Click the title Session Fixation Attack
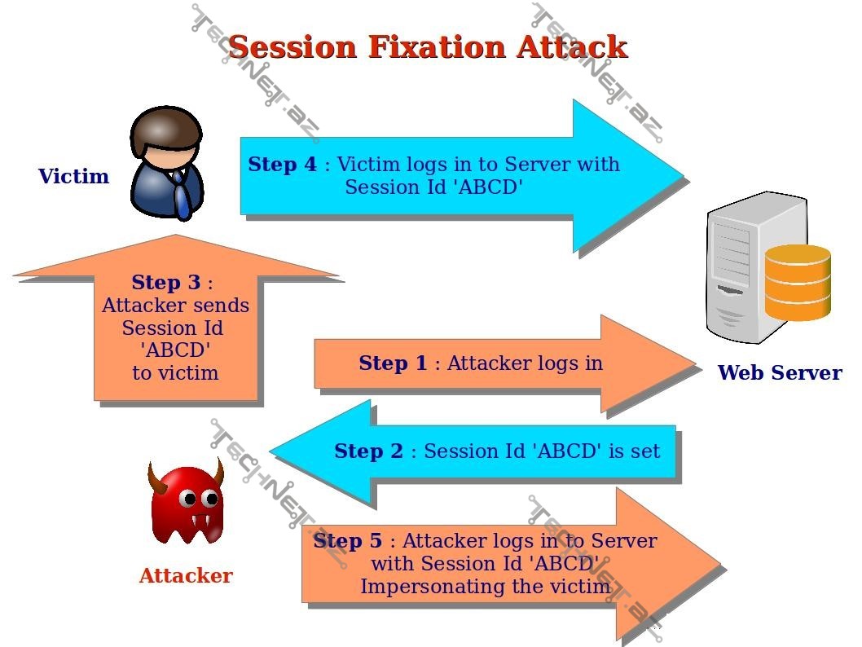point(428,46)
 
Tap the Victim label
point(73,176)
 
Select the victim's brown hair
point(168,126)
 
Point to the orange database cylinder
point(797,282)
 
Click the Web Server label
point(779,372)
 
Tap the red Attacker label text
point(186,575)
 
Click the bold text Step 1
point(393,363)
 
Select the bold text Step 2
point(368,451)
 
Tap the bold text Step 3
point(165,283)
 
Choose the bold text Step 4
point(283,164)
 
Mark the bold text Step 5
point(347,540)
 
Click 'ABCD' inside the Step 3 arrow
point(175,350)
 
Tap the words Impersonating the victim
point(486,586)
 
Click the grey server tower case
point(733,269)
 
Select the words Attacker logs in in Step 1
point(525,363)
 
